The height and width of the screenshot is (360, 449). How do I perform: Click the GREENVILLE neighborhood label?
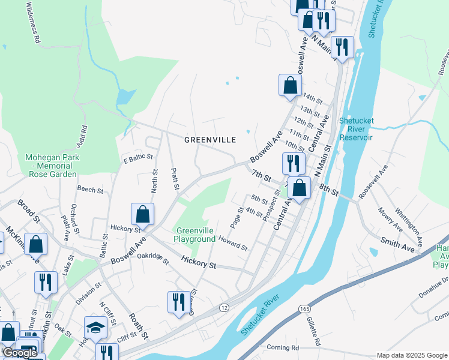[x=209, y=139]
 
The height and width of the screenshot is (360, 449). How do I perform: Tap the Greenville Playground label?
[x=194, y=235]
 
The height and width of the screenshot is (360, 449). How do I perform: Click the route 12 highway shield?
[x=224, y=307]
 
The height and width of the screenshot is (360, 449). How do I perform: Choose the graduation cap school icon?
[x=95, y=326]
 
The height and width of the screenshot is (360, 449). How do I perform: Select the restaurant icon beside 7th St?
[x=294, y=163]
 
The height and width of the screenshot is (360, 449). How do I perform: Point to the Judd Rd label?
[x=83, y=137]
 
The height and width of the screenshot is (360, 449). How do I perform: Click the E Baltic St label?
[x=138, y=157]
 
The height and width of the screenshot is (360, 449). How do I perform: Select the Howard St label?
[x=233, y=243]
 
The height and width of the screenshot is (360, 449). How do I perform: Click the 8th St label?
[x=329, y=190]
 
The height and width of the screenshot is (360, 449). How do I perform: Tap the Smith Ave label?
[x=398, y=243]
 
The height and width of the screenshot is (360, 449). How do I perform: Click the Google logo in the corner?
[x=20, y=353]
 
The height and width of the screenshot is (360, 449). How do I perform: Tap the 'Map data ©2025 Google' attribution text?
[x=412, y=355]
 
